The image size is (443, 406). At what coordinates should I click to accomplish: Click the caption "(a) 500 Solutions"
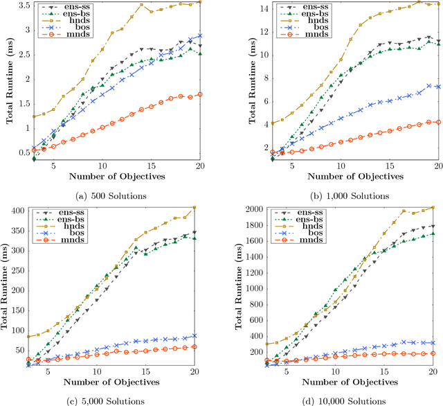pos(111,196)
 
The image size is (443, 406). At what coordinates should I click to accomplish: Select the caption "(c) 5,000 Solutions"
pos(111,400)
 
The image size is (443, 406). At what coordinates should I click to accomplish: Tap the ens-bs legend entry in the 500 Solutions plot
pos(72,14)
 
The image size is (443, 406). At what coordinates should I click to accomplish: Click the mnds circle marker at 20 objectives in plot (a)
pos(200,94)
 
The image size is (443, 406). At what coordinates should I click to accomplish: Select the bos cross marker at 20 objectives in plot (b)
pos(437,87)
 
